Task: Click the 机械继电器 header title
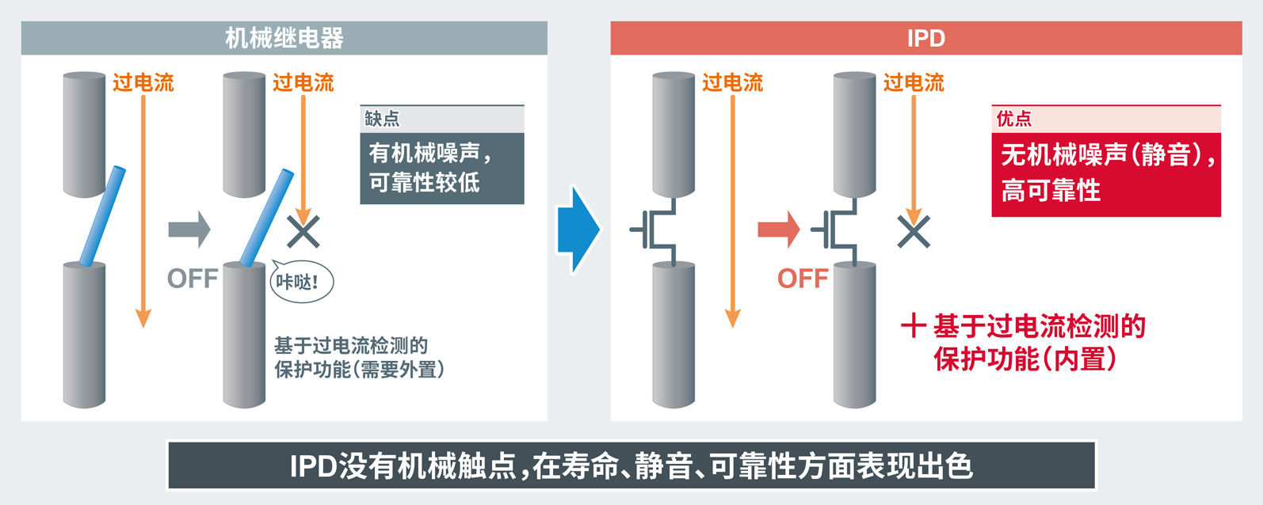tap(284, 38)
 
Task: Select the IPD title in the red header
tap(925, 38)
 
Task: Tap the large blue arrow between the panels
tap(579, 230)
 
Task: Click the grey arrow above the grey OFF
tap(189, 230)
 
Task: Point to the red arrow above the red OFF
tap(779, 230)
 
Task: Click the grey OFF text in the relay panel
tap(193, 279)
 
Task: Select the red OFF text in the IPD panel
tap(803, 279)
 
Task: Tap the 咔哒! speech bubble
tap(301, 281)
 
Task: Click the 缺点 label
tap(382, 119)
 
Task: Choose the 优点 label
tap(1013, 119)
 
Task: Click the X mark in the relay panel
tap(303, 232)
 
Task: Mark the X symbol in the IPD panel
tap(914, 232)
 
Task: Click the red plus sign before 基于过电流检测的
tap(914, 325)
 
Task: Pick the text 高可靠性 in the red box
tap(1051, 191)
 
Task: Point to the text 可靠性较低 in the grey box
tap(424, 183)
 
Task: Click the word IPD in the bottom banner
tap(314, 466)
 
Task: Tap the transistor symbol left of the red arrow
tap(654, 230)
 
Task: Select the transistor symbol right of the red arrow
tap(839, 230)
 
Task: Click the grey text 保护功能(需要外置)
tap(359, 370)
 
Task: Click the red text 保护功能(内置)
tap(1025, 359)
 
